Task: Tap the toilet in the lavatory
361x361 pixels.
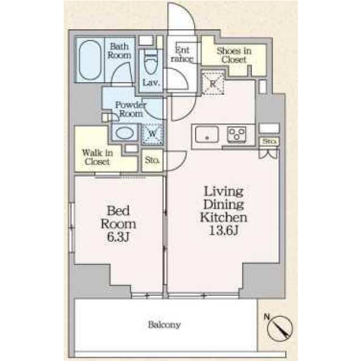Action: pos(151,61)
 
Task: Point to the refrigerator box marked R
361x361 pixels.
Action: pos(213,82)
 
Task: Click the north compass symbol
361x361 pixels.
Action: pos(280,328)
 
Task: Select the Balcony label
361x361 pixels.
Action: pos(165,325)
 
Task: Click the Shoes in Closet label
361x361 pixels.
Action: pos(234,55)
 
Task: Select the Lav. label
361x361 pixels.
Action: pos(151,83)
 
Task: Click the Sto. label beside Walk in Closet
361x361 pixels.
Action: pos(152,160)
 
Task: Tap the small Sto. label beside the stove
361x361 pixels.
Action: pos(268,141)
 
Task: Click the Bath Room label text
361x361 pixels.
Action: pos(120,51)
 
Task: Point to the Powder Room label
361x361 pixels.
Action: pos(130,108)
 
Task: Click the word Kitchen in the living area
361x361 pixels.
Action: pos(224,217)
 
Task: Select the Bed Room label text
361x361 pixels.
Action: pos(119,217)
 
